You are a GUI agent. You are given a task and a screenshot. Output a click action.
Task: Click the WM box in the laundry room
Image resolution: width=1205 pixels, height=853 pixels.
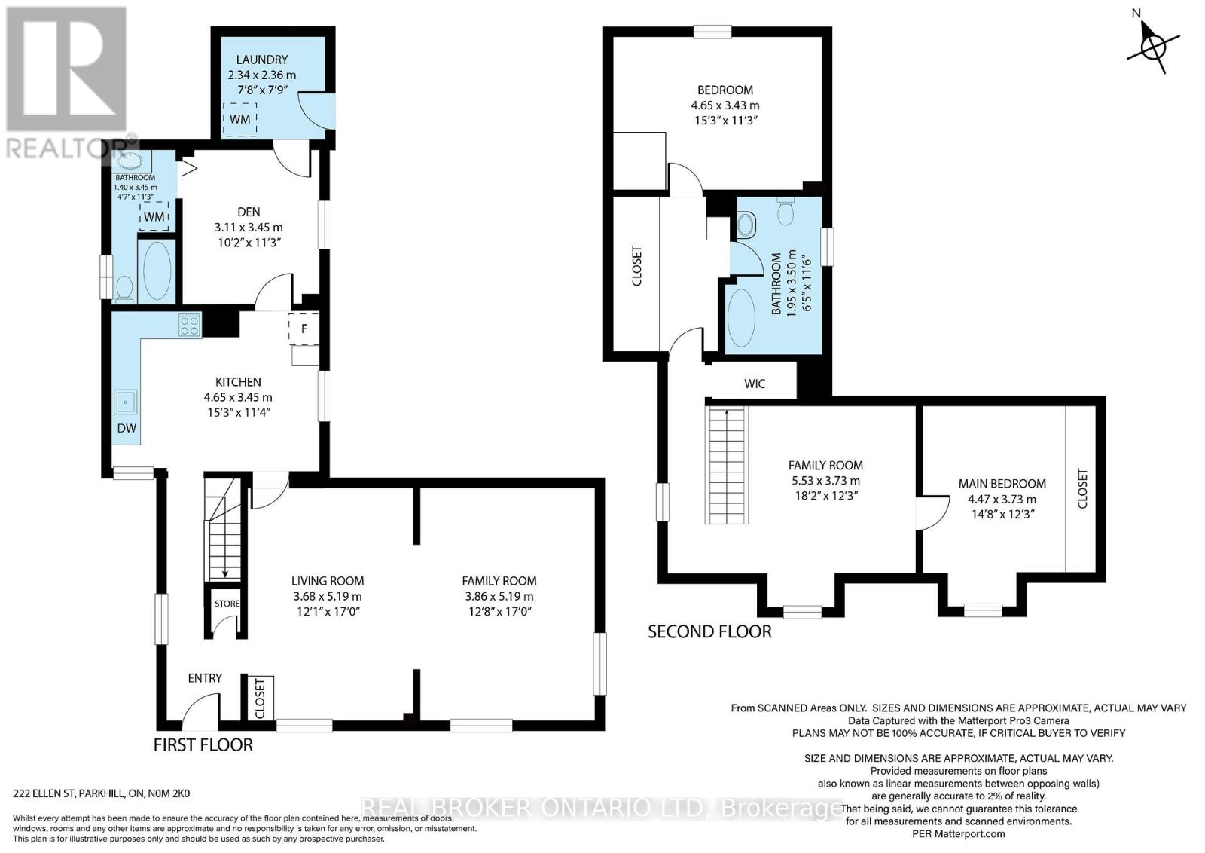[240, 119]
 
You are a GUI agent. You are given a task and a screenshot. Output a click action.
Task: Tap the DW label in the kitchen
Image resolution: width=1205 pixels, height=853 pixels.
[127, 428]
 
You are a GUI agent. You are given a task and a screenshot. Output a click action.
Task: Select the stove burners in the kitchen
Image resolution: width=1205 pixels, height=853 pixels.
[190, 326]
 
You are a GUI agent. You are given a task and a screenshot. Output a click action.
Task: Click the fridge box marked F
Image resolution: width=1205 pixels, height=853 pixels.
[304, 329]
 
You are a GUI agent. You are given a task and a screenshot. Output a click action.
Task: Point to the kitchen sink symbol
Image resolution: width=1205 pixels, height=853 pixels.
[125, 402]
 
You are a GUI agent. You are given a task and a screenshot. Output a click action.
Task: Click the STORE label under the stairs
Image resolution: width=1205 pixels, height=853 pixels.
[227, 604]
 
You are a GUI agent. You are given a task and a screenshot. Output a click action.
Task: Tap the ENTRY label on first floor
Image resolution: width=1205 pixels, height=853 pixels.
[205, 678]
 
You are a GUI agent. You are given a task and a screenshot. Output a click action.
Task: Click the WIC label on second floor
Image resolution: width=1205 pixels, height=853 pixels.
[755, 384]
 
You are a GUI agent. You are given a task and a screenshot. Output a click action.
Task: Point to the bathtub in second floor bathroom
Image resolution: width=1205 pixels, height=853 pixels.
[741, 317]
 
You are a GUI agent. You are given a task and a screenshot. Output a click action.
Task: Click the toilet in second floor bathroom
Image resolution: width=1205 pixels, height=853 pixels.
[786, 212]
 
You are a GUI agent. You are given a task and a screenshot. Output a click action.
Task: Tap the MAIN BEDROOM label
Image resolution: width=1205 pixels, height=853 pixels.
[1002, 484]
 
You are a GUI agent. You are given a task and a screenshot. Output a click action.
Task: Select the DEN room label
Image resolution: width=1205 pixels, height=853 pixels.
[249, 212]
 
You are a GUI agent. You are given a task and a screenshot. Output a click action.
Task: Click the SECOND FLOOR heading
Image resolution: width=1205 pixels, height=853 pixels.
[709, 631]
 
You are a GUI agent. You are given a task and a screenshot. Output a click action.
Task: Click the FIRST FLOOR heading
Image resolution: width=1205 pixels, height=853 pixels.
[203, 744]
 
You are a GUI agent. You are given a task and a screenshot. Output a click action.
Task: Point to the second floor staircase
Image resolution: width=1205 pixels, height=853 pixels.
[727, 465]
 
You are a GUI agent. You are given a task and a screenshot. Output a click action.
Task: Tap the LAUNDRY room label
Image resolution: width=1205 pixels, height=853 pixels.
[261, 60]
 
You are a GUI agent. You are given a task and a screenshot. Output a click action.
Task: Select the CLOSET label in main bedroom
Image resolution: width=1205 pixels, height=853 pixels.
[1083, 488]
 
